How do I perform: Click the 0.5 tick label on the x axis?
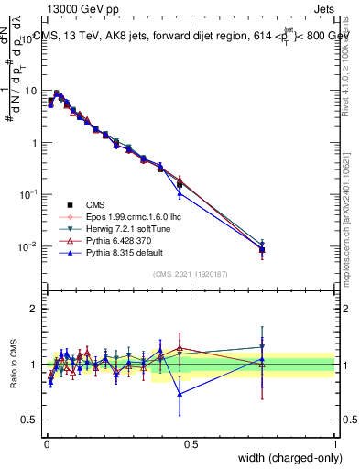coord(191,443)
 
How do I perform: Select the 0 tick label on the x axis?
coord(46,443)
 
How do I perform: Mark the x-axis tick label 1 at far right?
coord(334,443)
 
